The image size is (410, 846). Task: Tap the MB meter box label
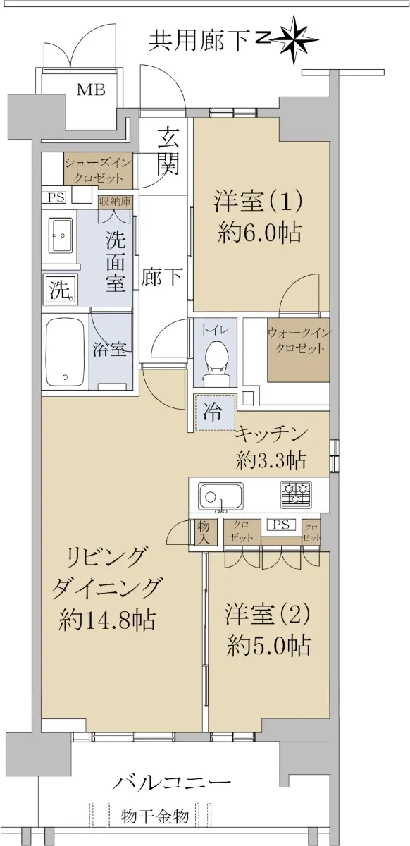(x=91, y=90)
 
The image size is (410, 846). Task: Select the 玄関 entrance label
(x=168, y=151)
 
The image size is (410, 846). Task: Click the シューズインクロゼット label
(x=98, y=171)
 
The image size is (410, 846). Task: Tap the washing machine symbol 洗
(x=61, y=290)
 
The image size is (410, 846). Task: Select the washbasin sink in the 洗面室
(x=61, y=235)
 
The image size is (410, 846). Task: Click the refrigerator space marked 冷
(x=215, y=412)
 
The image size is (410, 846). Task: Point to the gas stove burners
(x=296, y=494)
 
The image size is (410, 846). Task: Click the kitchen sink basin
(x=221, y=496)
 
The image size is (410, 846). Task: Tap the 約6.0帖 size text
(x=259, y=233)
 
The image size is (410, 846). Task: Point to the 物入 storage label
(x=203, y=532)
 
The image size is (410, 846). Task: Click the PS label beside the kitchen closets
(x=281, y=525)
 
